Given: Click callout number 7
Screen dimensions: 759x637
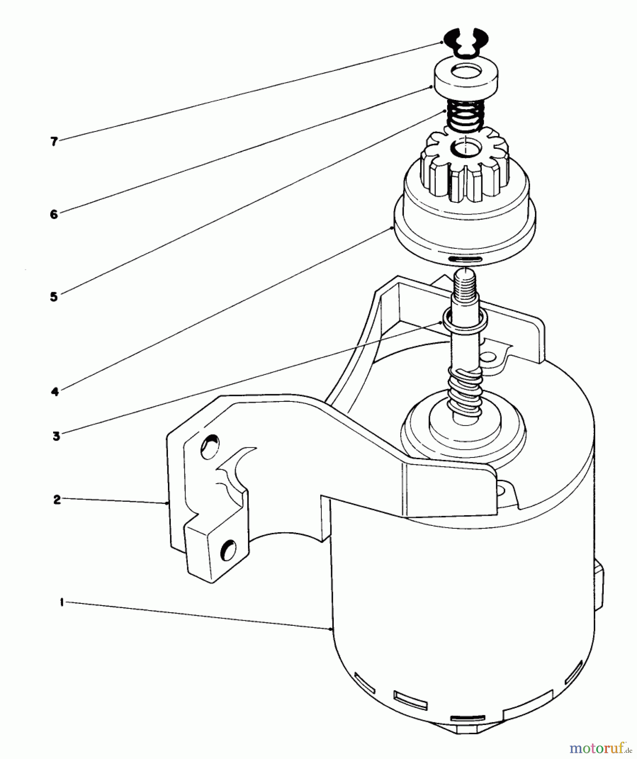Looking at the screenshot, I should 54,142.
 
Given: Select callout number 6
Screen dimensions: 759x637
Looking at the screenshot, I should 54,214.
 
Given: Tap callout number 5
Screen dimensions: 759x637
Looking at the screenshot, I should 54,297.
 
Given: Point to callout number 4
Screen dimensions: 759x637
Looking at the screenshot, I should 55,392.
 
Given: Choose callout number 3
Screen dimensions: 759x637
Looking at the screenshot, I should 56,436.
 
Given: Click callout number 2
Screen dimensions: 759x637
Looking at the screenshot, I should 57,500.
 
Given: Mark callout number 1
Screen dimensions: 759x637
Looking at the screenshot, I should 62,603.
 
